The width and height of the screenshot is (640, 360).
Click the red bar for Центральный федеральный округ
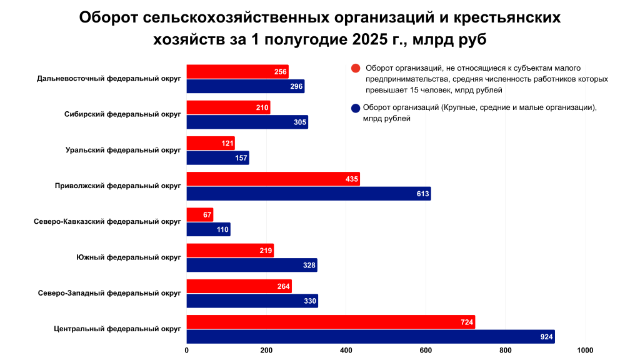[x=331, y=322]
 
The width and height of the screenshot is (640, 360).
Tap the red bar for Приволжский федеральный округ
[x=273, y=179]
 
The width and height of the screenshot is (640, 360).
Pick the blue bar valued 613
[x=309, y=194]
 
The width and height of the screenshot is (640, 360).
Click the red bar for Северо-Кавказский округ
[x=200, y=215]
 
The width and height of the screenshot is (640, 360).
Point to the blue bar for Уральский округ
[x=217, y=158]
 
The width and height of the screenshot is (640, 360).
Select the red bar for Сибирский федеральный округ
[x=228, y=107]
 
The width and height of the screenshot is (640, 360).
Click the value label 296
[x=296, y=86]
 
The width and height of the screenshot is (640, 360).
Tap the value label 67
[x=207, y=215]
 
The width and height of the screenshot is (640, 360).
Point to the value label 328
[x=309, y=266]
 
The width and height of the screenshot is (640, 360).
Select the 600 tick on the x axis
[x=426, y=350]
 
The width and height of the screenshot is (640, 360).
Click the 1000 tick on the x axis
[x=585, y=350]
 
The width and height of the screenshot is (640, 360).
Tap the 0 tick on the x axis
[x=187, y=350]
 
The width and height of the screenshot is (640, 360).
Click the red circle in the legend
[x=356, y=68]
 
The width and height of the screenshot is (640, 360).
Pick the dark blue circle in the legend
[x=356, y=107]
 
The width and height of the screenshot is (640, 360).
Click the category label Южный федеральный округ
[x=128, y=257]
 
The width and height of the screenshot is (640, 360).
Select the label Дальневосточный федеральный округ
[x=109, y=79]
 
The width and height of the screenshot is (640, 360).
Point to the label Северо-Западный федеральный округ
[x=109, y=293]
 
